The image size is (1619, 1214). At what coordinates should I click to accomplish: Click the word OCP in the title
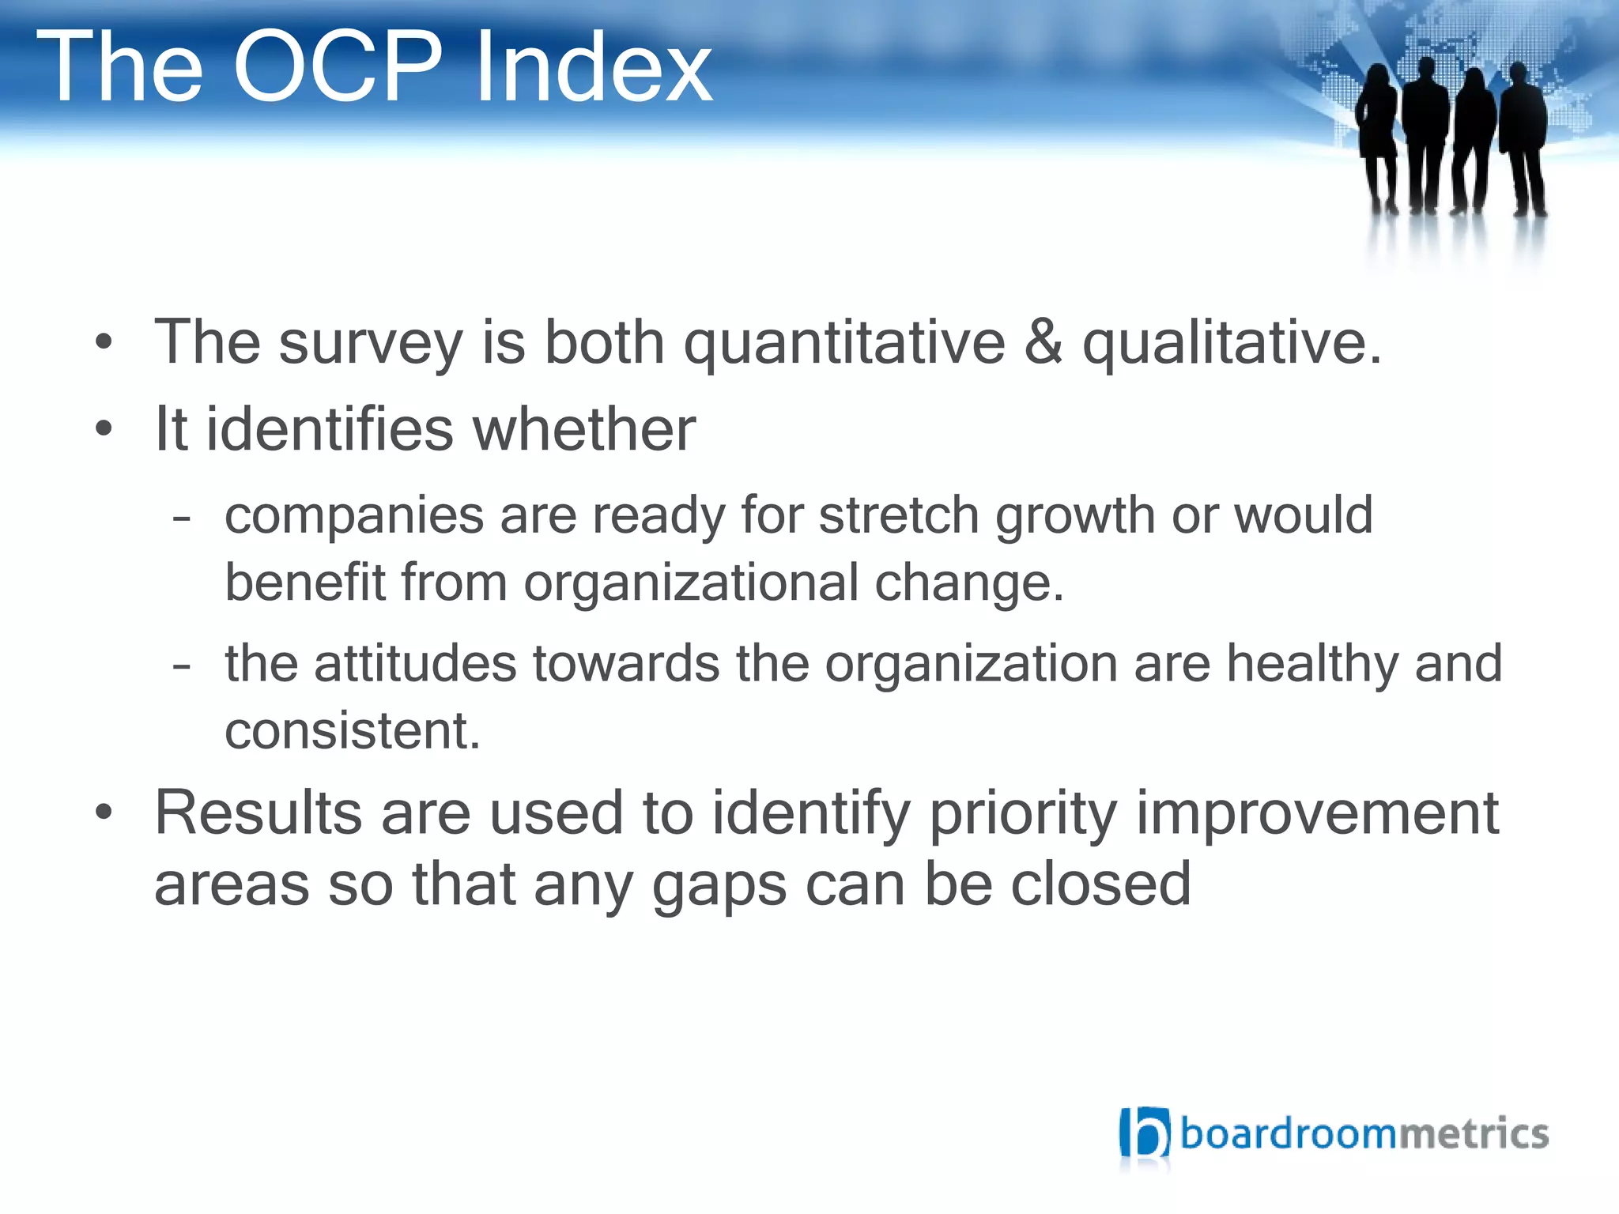338,66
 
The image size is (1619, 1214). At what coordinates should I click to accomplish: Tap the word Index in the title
593,66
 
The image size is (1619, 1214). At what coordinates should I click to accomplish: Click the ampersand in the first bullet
1043,341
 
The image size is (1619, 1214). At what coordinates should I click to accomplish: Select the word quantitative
843,345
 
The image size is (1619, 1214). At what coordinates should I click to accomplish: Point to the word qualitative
1232,345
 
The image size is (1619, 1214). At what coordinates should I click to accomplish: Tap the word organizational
691,583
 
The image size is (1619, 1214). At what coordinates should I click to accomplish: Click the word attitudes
415,663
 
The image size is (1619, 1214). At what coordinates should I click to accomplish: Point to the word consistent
353,731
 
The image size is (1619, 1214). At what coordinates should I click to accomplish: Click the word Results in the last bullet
258,813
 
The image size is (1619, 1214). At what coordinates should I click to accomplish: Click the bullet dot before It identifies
104,429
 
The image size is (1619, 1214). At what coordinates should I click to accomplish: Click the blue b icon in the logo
1144,1133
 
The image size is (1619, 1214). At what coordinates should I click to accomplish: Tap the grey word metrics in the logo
1473,1133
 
